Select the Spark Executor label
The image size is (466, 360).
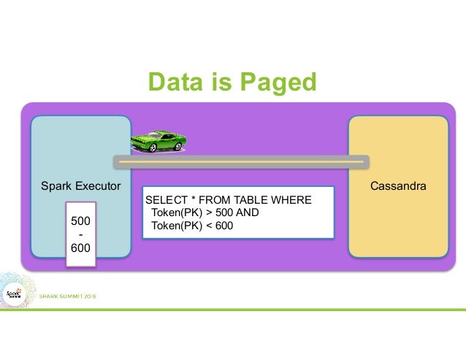pyautogui.click(x=80, y=187)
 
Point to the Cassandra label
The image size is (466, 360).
pyautogui.click(x=398, y=187)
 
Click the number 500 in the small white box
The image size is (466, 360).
pyautogui.click(x=80, y=220)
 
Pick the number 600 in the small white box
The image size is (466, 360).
pyautogui.click(x=80, y=248)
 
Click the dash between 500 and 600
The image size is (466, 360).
pyautogui.click(x=80, y=234)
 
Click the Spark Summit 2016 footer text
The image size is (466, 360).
pyautogui.click(x=67, y=296)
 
